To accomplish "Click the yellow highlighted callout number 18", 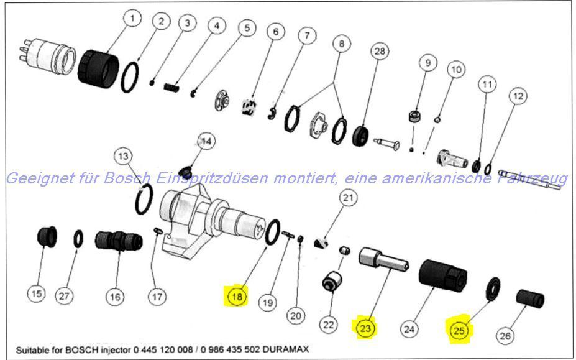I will pos(237,296).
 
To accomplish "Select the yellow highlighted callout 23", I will pos(366,327).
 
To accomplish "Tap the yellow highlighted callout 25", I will pos(459,330).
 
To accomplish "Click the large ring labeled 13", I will pos(144,200).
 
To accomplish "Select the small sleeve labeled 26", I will pos(531,298).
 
